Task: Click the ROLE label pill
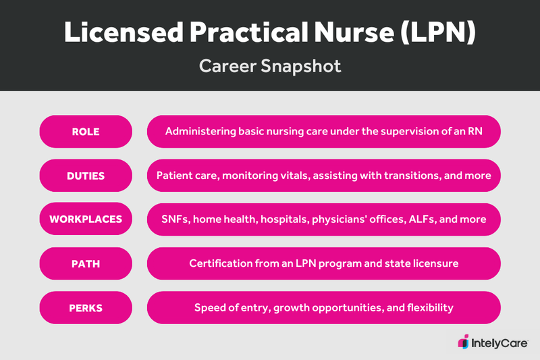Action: pyautogui.click(x=86, y=132)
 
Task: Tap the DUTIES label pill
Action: pyautogui.click(x=86, y=176)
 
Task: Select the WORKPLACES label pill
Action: pyautogui.click(x=86, y=220)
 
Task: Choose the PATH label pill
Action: pyautogui.click(x=86, y=263)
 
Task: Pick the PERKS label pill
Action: pyautogui.click(x=86, y=307)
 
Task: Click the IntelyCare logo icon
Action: pyautogui.click(x=464, y=342)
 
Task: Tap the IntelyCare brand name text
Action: pyautogui.click(x=498, y=342)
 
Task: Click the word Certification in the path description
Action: pyautogui.click(x=220, y=263)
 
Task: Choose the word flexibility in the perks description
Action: pyautogui.click(x=427, y=307)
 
